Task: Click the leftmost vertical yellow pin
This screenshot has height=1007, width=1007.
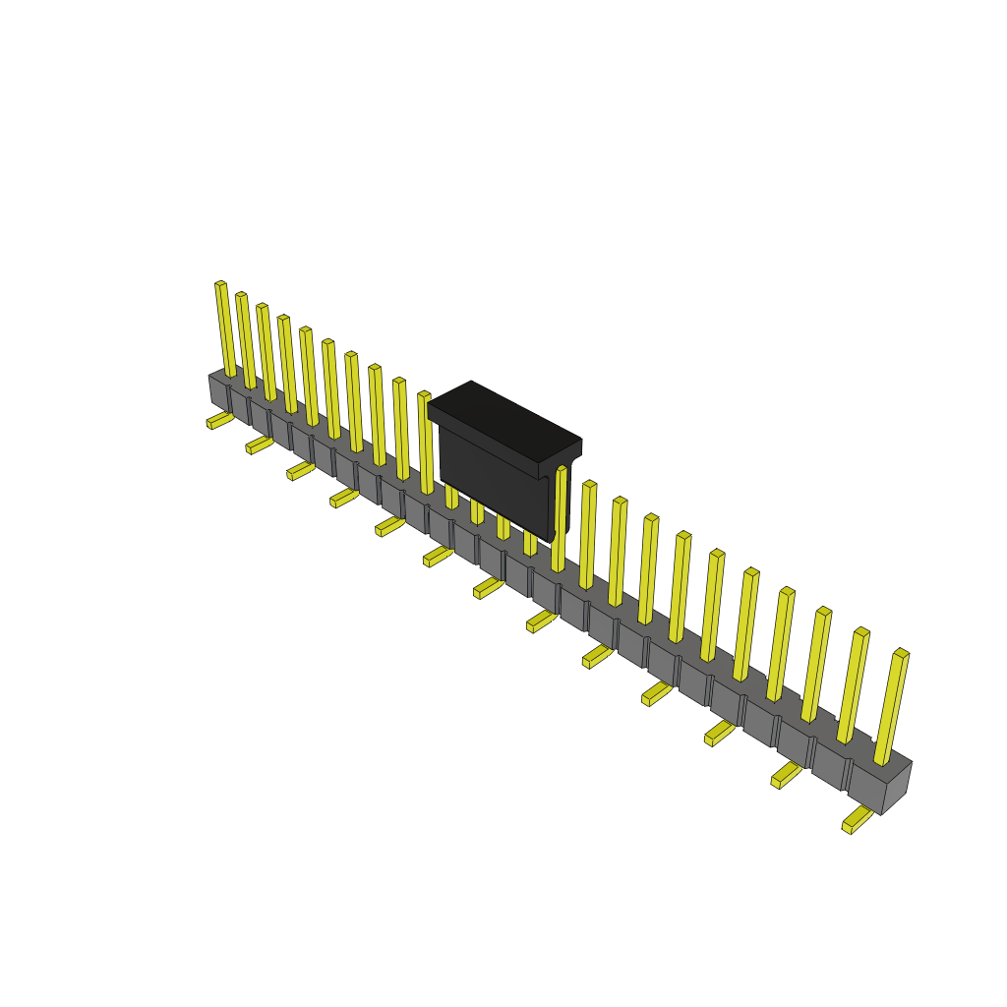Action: click(225, 329)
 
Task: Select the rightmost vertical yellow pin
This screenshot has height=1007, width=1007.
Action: click(891, 708)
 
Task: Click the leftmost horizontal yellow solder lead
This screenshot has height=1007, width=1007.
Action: click(220, 421)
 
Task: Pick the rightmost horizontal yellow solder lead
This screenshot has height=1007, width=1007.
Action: click(857, 819)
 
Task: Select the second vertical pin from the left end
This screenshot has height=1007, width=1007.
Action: click(246, 340)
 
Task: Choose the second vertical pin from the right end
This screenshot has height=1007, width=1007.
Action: click(853, 685)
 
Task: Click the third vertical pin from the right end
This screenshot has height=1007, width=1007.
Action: click(816, 665)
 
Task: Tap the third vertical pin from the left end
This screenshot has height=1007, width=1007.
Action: click(267, 352)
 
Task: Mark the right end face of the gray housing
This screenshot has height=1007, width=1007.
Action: click(896, 789)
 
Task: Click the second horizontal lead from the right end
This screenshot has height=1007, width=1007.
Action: click(787, 775)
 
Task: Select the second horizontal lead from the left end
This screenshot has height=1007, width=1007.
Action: click(260, 445)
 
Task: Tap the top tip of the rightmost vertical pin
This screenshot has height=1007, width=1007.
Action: click(901, 654)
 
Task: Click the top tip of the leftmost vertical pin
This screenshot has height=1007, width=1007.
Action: click(220, 285)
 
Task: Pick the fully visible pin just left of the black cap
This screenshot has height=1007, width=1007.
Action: click(425, 443)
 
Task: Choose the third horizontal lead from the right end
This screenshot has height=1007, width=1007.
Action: click(720, 734)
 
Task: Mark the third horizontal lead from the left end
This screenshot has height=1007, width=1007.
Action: click(301, 472)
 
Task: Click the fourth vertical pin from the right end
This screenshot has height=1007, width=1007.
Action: click(781, 644)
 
